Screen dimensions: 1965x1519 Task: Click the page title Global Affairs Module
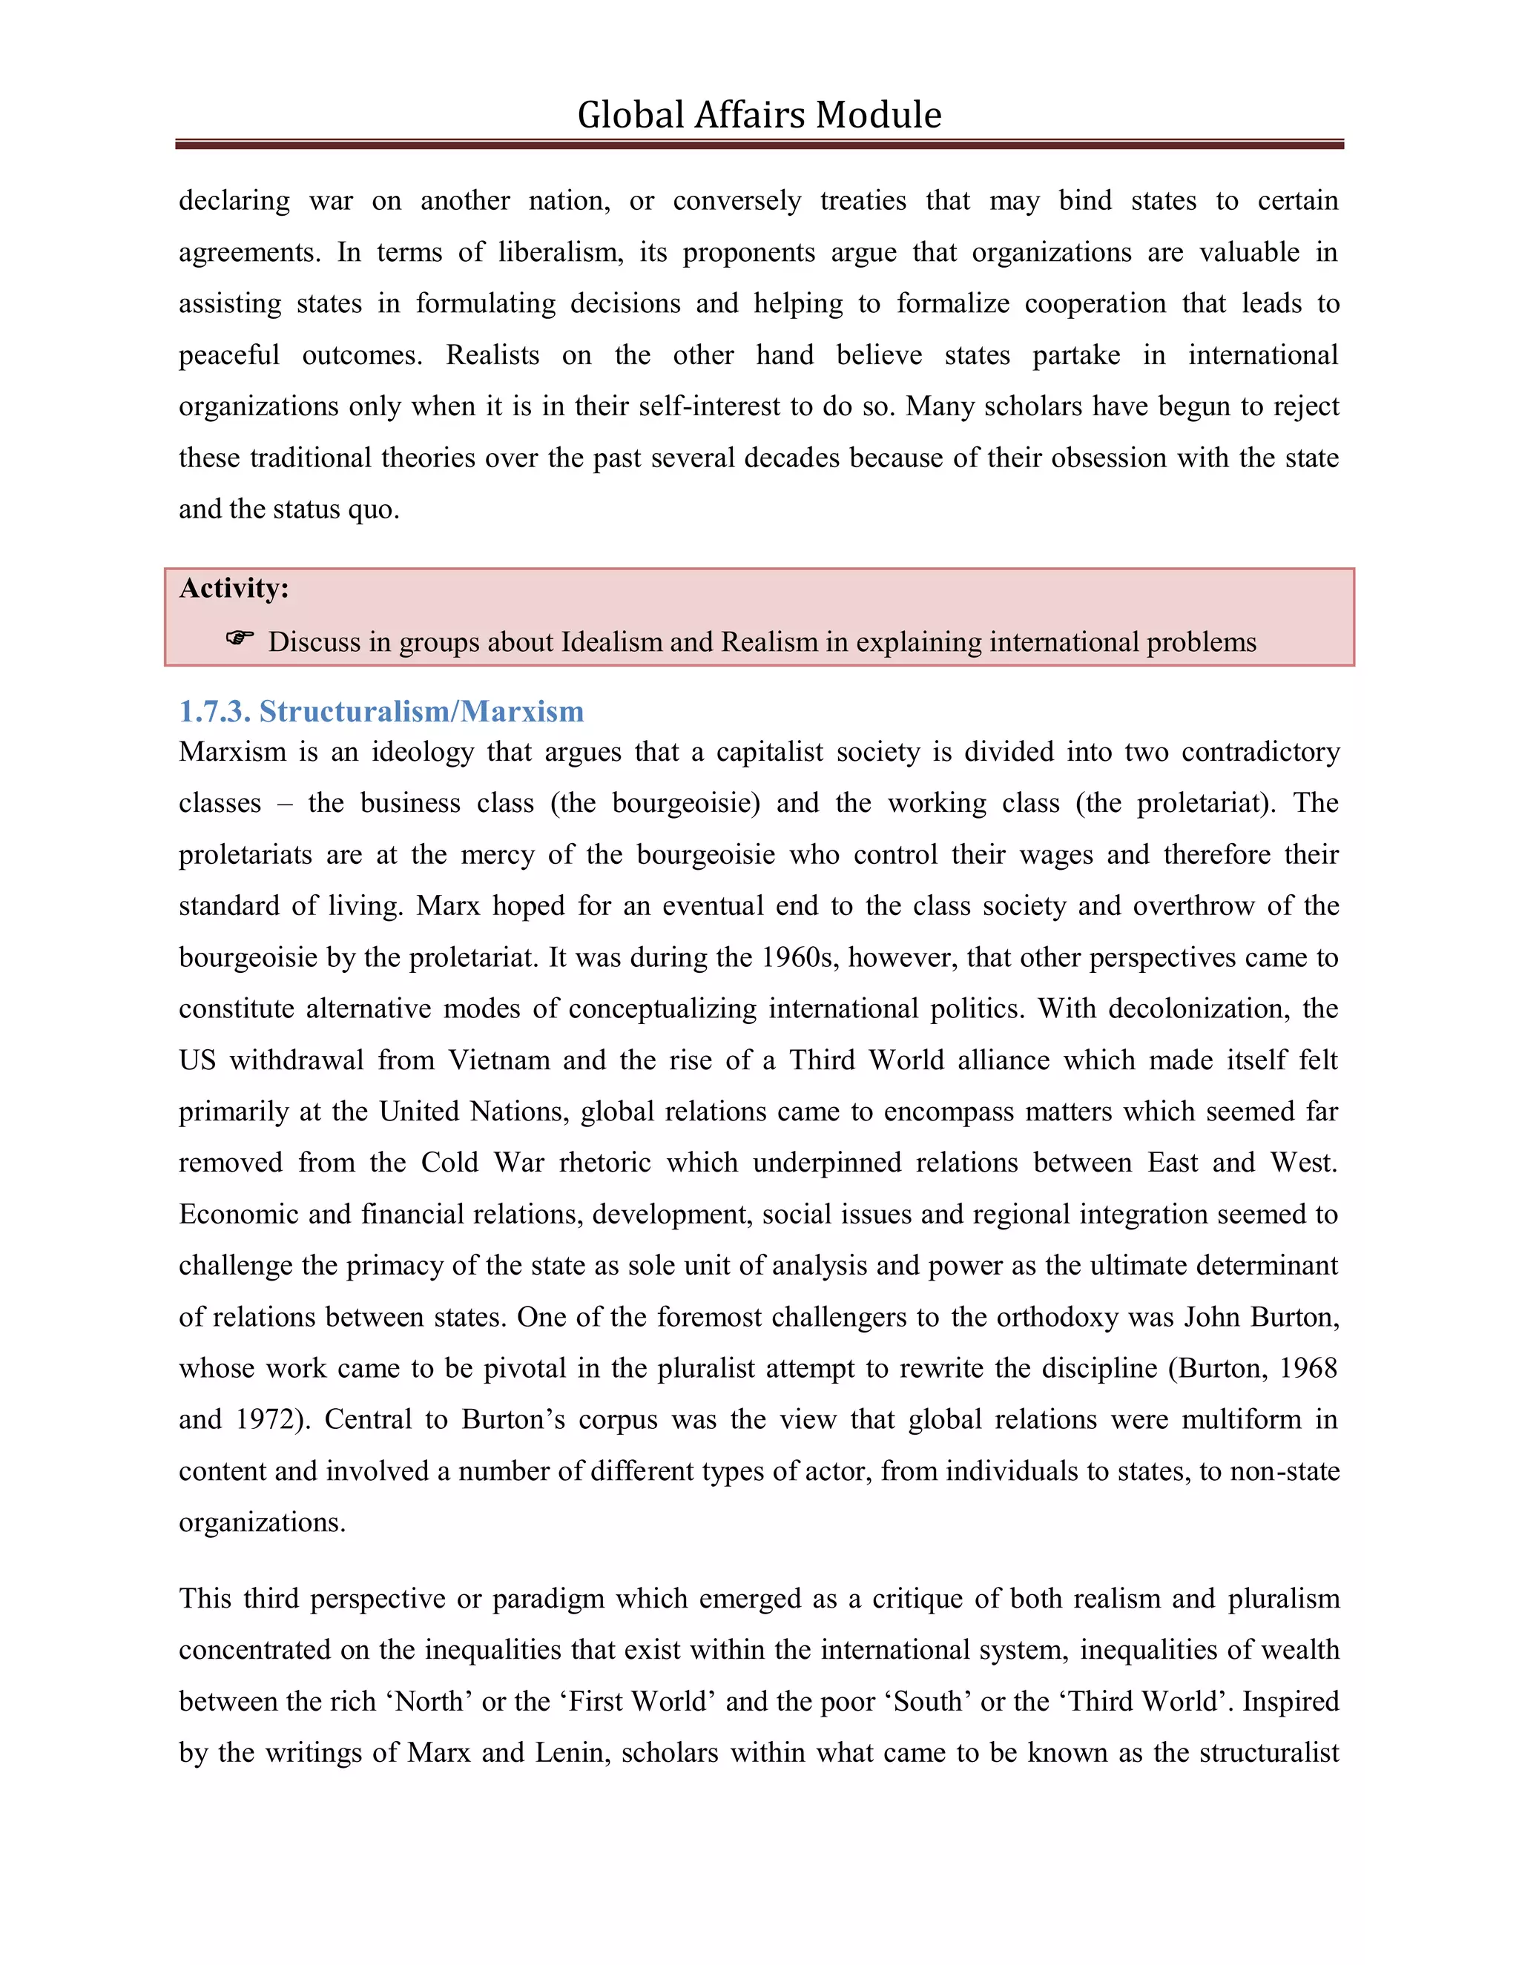(759, 115)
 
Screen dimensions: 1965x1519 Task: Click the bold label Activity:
(234, 589)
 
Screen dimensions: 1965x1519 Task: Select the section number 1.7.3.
(214, 712)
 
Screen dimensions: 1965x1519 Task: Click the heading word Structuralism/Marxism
(421, 712)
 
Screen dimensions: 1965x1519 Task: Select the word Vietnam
(498, 1060)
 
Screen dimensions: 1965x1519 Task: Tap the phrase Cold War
(482, 1163)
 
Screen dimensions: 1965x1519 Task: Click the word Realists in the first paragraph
(492, 355)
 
